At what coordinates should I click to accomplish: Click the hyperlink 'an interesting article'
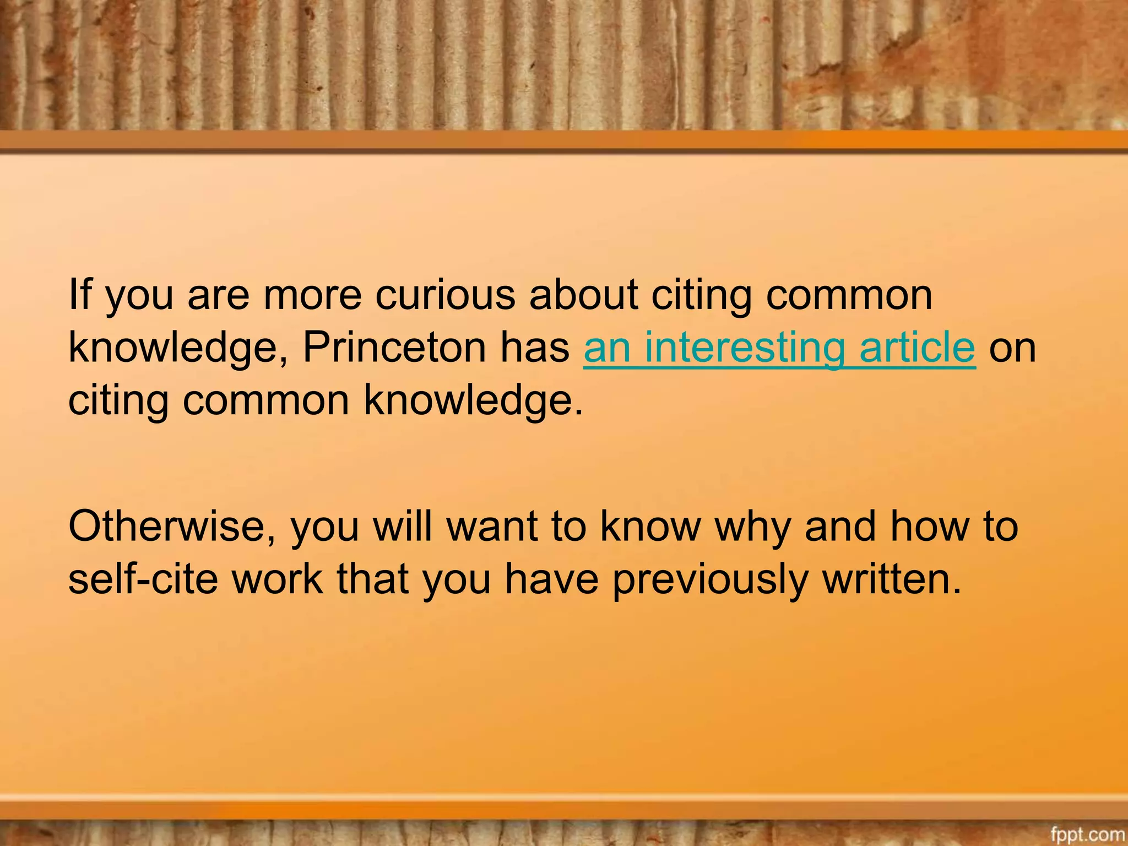(x=779, y=348)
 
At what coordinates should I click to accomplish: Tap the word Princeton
(x=394, y=348)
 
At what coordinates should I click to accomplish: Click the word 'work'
(x=278, y=579)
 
